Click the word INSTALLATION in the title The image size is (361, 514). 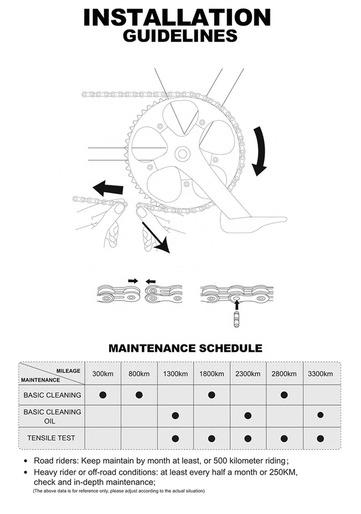pos(177,18)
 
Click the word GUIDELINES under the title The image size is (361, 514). pos(180,36)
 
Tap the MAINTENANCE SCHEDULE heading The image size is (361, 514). pos(185,348)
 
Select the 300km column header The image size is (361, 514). pos(103,373)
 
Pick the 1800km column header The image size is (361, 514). pos(212,373)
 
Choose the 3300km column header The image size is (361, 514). pos(320,373)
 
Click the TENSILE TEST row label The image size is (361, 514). pos(51,438)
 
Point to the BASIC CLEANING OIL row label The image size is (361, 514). pos(52,416)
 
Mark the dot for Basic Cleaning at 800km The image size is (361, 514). pos(139,395)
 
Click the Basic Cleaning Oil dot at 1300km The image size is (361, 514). pos(175,415)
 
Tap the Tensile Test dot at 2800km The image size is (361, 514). pos(284,439)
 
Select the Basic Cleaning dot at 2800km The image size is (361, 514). pos(284,395)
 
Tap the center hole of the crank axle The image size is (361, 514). pos(182,154)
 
